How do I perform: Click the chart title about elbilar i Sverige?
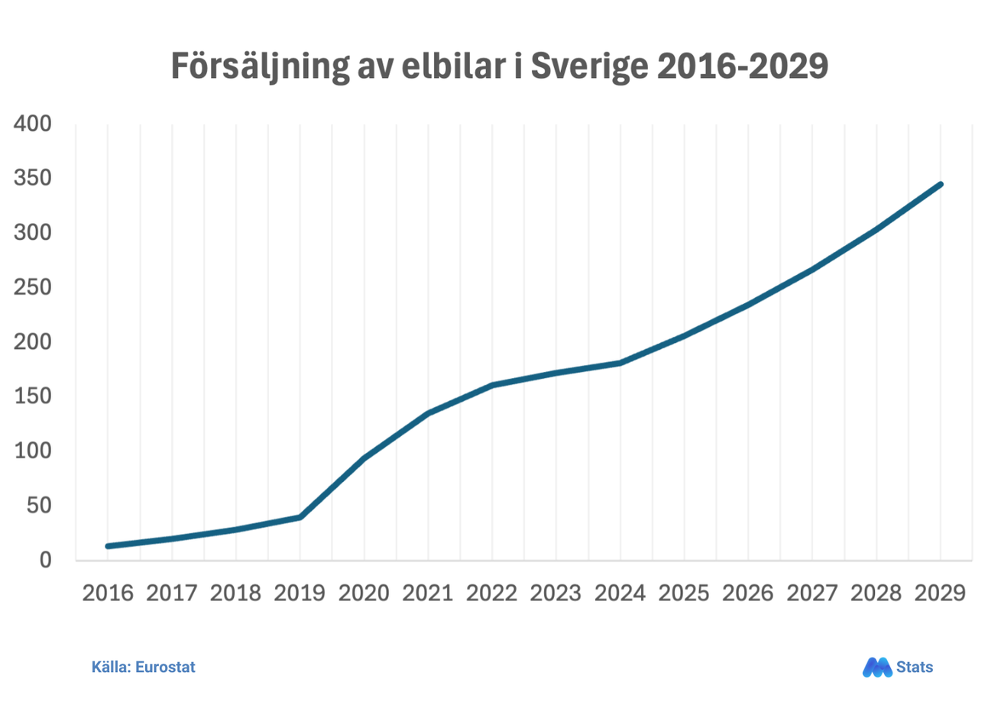click(x=499, y=66)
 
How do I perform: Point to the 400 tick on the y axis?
click(x=33, y=124)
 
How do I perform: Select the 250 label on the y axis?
click(x=33, y=287)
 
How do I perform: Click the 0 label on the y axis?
click(x=45, y=560)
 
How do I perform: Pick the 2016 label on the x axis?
click(x=108, y=593)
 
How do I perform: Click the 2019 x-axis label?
click(x=300, y=593)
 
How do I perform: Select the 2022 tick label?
click(x=492, y=593)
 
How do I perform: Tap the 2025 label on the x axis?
click(x=684, y=593)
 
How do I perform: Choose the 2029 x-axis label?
click(x=940, y=593)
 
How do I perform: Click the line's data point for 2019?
click(x=300, y=517)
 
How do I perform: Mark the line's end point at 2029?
click(x=940, y=184)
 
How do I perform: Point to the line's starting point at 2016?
click(x=108, y=546)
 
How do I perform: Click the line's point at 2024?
click(x=620, y=363)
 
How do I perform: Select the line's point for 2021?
click(x=428, y=413)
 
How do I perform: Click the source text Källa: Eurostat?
click(x=143, y=667)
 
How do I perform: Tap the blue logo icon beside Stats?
click(x=876, y=667)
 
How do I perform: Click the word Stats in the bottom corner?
click(x=915, y=667)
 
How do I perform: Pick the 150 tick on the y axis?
click(x=33, y=396)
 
